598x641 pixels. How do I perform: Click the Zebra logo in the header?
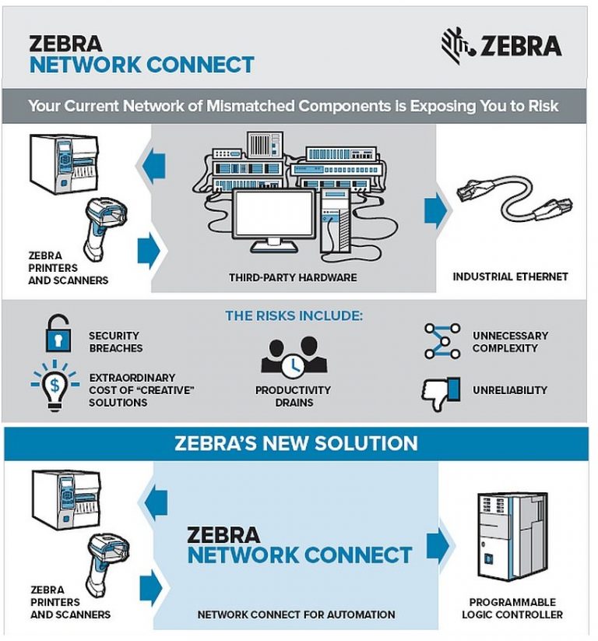[x=501, y=45]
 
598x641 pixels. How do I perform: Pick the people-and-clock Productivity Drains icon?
[x=294, y=356]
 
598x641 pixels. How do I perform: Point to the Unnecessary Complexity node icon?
[x=441, y=340]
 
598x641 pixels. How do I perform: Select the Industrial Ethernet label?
[x=511, y=276]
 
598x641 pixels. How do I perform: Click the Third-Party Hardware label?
[x=293, y=277]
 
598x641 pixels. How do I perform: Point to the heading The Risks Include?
[x=294, y=316]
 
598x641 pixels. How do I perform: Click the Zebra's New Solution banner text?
[x=295, y=444]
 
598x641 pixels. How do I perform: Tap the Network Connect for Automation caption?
[x=296, y=615]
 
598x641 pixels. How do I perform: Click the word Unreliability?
[x=510, y=389]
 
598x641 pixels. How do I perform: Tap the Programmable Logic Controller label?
[x=512, y=608]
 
